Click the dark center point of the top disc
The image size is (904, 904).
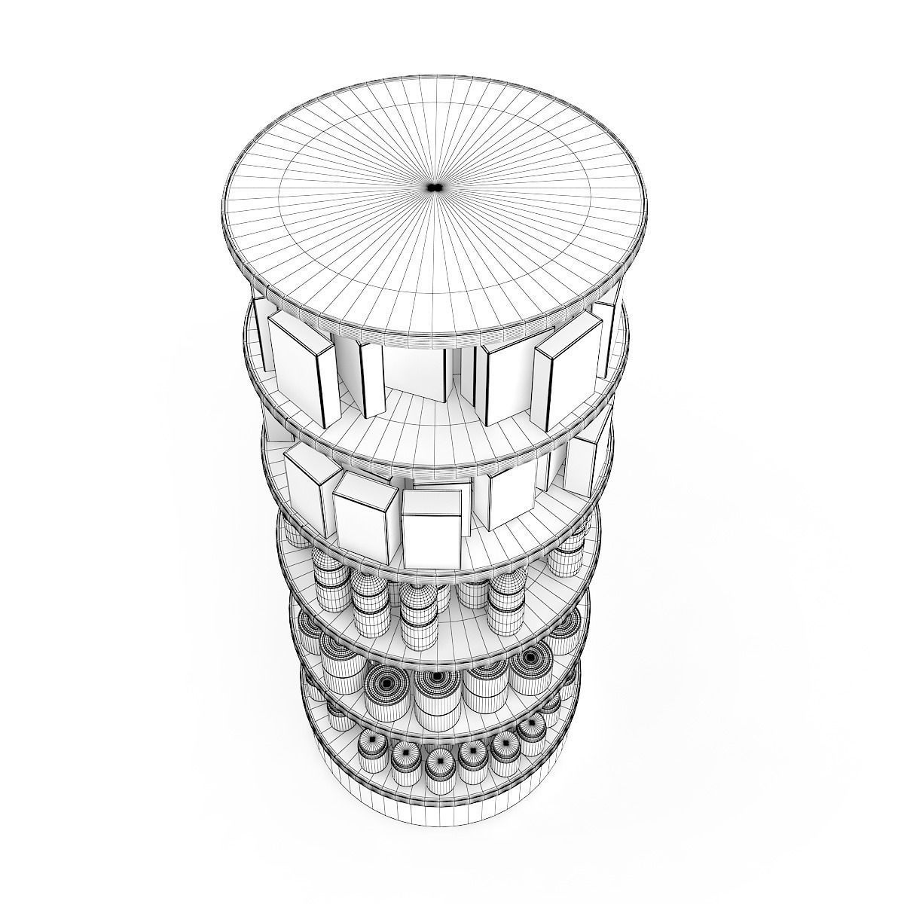tap(432, 186)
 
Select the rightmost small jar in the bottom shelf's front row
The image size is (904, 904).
tap(530, 734)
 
